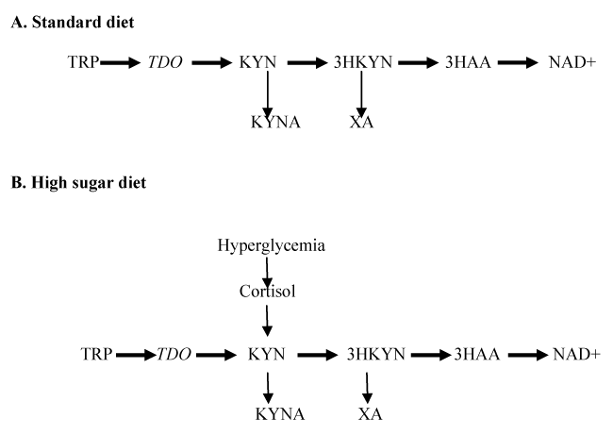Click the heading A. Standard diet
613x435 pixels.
tap(72, 22)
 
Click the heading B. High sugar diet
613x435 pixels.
tap(81, 181)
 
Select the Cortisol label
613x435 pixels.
tap(268, 293)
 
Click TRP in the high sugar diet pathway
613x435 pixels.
tap(95, 355)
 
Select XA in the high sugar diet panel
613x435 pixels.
tap(369, 413)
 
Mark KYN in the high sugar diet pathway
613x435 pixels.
tap(267, 355)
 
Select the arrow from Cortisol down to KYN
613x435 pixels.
tap(268, 321)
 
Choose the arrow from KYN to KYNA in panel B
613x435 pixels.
tap(268, 384)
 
